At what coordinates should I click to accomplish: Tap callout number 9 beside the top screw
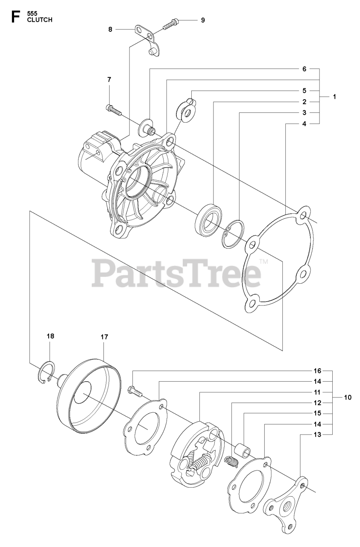coord(202,20)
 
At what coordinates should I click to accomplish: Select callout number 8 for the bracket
coord(110,29)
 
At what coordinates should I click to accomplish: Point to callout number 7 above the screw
coord(109,79)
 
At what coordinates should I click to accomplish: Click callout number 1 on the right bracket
coord(334,97)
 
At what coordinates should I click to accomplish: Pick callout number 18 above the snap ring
coord(50,336)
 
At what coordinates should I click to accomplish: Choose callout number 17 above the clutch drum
coord(104,337)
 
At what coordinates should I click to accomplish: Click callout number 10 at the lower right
coord(347,397)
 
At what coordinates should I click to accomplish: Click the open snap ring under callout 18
coord(46,371)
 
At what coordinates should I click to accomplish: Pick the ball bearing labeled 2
coord(208,222)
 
